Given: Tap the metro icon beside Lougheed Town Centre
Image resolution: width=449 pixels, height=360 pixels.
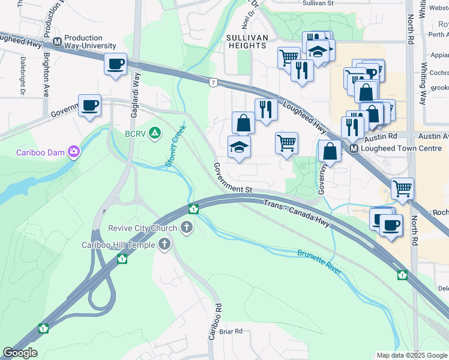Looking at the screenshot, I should point(354,148).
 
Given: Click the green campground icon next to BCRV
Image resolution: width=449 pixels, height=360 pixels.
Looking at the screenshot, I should point(155,133).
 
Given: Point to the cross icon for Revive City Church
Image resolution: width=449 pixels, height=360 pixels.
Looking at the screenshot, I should point(187,227).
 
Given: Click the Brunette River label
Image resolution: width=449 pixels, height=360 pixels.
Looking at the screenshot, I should point(319,262).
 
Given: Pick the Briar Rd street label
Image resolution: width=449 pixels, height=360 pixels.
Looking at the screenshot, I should point(231,331).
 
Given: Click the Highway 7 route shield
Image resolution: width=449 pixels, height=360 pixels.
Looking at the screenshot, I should point(212,81).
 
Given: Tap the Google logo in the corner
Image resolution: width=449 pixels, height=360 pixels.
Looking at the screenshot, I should point(20,353).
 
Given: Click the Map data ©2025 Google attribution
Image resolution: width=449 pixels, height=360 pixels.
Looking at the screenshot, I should point(411,355).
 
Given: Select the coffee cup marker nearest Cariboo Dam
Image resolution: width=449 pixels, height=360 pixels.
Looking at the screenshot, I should point(90,106).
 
